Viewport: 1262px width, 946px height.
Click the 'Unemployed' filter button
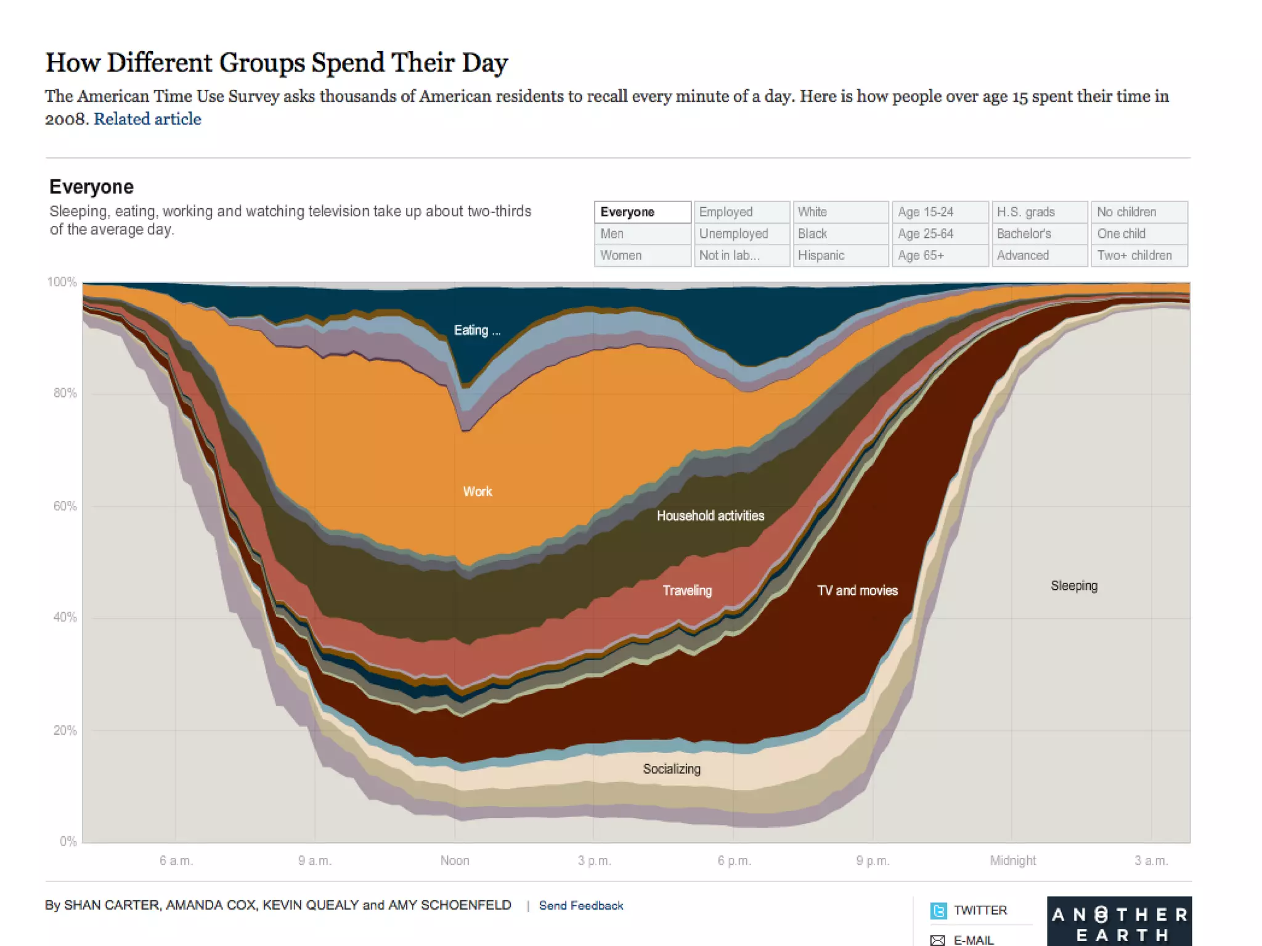[741, 234]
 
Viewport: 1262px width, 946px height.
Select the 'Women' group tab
[642, 255]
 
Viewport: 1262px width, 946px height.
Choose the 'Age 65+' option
[940, 255]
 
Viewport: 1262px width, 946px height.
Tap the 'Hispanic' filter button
[841, 255]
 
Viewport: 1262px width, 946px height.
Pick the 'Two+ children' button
[1139, 255]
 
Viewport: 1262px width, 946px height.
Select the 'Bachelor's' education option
[1039, 234]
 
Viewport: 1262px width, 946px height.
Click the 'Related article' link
[147, 119]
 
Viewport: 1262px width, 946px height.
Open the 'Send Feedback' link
[580, 905]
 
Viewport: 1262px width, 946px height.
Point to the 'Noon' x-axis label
[455, 860]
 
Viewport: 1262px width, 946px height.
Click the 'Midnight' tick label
[1012, 860]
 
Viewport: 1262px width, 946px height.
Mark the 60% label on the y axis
[65, 506]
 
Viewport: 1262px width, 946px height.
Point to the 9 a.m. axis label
[315, 860]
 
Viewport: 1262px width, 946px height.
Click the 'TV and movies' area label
[857, 590]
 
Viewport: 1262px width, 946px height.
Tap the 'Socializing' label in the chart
[672, 769]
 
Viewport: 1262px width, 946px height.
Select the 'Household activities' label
[710, 516]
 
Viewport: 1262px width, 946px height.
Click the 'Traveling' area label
[687, 590]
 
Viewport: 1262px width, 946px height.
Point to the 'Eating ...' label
[477, 330]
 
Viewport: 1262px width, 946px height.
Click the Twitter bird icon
[938, 910]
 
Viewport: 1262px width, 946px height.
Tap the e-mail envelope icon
[937, 940]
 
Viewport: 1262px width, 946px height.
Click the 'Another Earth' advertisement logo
[1119, 923]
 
